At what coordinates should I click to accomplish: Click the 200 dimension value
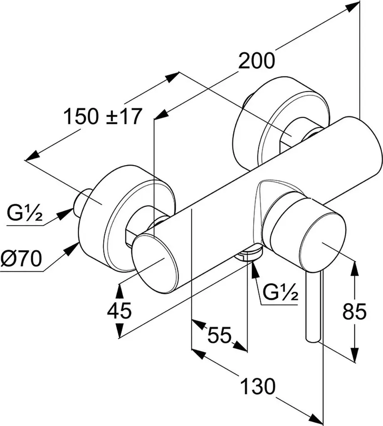257,61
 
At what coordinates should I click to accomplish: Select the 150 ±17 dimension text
103,116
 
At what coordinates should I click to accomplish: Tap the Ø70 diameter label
21,259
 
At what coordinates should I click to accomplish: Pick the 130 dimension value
258,386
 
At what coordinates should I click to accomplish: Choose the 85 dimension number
354,311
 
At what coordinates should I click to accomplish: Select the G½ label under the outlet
281,292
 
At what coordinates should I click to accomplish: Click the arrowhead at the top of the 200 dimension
353,5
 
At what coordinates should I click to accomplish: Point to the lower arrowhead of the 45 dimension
119,330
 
